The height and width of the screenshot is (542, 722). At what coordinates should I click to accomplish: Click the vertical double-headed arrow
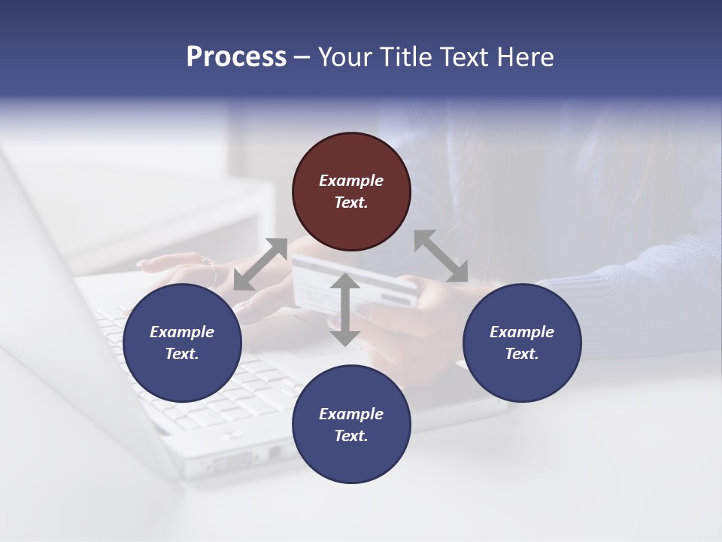click(345, 309)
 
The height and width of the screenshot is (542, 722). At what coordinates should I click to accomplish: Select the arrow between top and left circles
click(260, 264)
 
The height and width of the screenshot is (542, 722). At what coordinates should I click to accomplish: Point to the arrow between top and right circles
click(441, 256)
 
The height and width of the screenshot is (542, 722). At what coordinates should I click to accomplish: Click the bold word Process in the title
click(236, 56)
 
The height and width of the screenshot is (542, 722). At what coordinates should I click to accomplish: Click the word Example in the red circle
click(351, 181)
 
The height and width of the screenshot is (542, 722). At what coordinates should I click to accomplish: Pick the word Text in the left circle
click(182, 354)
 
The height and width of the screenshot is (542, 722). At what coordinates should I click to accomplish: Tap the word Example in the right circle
click(522, 332)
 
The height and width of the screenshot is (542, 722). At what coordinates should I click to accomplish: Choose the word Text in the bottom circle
click(351, 436)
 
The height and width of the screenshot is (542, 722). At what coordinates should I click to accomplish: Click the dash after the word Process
click(302, 57)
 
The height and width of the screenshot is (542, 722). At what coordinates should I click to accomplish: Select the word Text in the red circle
click(351, 202)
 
